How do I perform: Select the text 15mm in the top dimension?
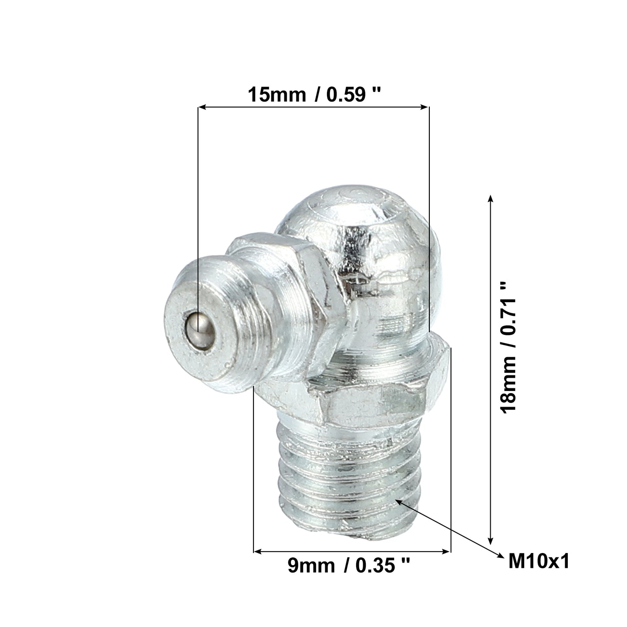[x=277, y=95]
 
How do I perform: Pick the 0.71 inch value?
[x=508, y=308]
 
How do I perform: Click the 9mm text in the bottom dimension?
[x=311, y=566]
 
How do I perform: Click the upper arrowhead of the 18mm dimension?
[x=491, y=199]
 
